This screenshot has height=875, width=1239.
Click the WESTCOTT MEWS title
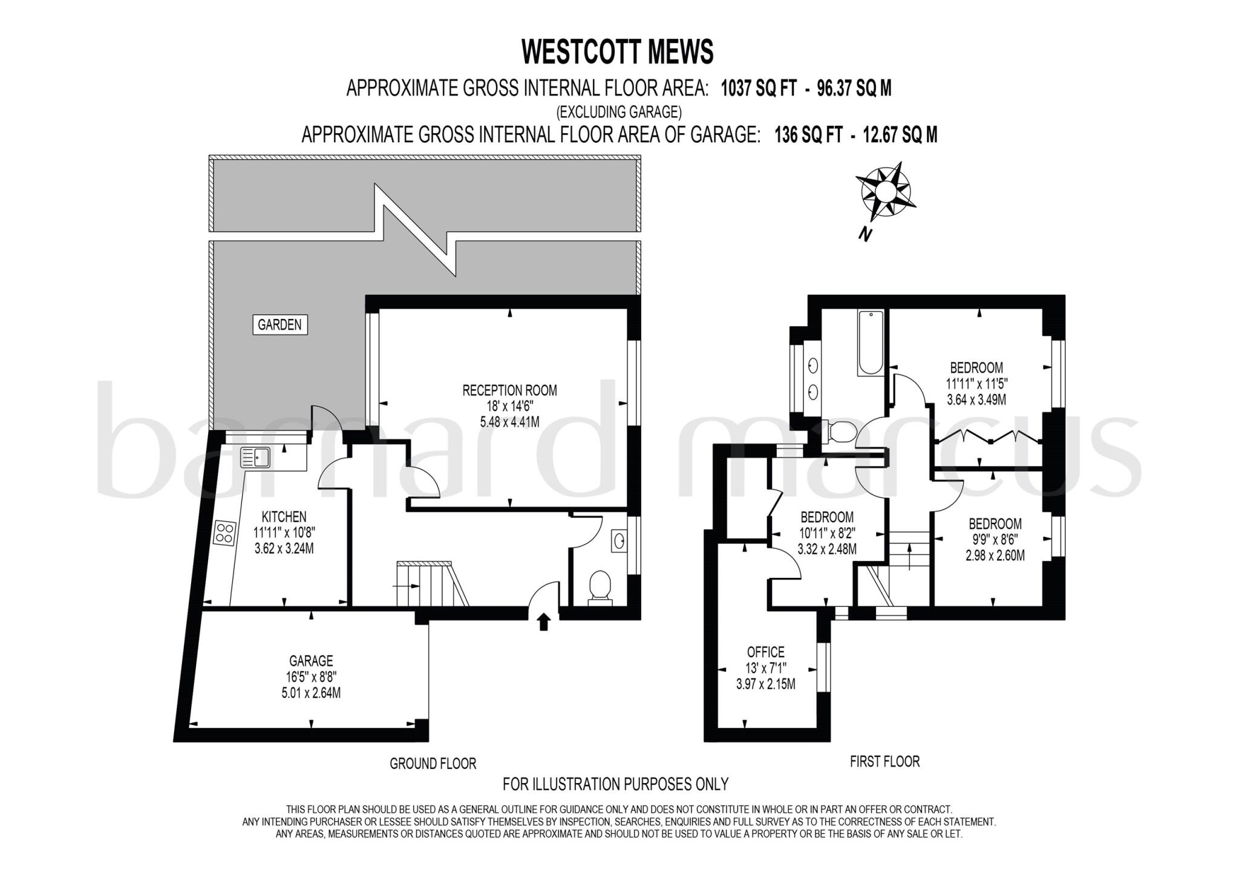[x=618, y=51]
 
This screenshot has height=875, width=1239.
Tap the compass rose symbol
[x=884, y=192]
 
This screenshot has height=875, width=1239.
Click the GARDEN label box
[x=280, y=325]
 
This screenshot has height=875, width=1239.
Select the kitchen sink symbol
[x=256, y=457]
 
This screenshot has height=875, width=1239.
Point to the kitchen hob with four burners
[x=224, y=533]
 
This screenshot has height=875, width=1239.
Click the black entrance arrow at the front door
[x=543, y=622]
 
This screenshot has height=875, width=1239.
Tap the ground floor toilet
[x=599, y=588]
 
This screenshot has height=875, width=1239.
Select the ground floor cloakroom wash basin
[x=619, y=540]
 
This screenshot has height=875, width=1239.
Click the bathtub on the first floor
[x=871, y=342]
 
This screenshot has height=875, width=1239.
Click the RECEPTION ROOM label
[x=509, y=390]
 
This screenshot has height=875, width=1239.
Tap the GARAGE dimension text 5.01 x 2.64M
[x=311, y=693]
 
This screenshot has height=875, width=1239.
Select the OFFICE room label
[x=766, y=652]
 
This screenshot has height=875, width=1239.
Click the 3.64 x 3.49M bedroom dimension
[x=976, y=399]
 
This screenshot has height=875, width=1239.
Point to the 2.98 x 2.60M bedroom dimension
[x=995, y=555]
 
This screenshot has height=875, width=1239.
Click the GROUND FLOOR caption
[x=433, y=764]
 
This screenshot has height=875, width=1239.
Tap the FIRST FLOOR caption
[x=885, y=761]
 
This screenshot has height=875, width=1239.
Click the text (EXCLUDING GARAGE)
[x=619, y=112]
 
